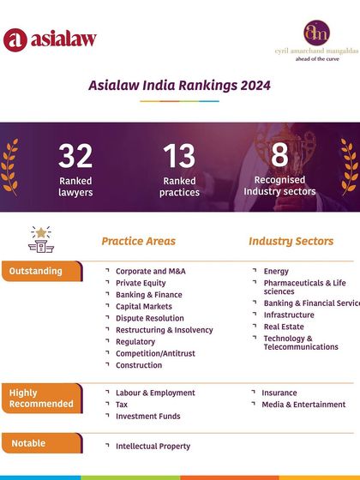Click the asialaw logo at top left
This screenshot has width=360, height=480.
(49, 39)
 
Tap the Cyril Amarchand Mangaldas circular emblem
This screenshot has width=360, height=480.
(317, 33)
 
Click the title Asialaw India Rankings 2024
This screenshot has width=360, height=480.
(180, 86)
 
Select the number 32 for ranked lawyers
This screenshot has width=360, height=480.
(75, 157)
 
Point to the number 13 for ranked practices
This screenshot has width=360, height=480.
(179, 157)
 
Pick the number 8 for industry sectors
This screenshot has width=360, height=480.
(279, 155)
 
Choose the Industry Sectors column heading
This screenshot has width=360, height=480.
(291, 242)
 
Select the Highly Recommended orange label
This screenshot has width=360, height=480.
(41, 399)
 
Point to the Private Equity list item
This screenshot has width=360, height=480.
(141, 283)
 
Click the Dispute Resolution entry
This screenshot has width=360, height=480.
(150, 319)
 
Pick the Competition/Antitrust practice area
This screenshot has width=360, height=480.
(155, 353)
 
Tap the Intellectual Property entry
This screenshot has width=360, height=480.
(153, 446)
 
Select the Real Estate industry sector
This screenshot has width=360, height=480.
(283, 327)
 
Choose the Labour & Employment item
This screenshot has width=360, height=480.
(155, 393)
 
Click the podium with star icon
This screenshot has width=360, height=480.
(40, 240)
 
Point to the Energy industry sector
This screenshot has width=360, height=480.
(276, 272)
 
